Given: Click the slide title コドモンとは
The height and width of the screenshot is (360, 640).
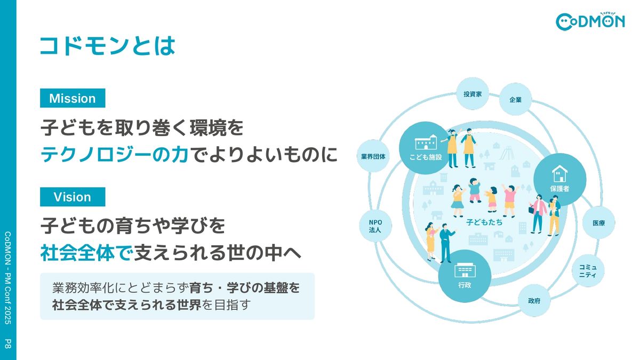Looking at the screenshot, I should [107, 46].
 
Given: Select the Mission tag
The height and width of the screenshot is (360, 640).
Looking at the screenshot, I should [73, 99].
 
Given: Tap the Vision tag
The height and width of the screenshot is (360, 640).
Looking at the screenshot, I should [73, 197].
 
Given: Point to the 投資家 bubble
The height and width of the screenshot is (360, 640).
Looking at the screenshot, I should [473, 94].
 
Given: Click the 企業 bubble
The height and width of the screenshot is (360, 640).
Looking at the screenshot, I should [515, 100].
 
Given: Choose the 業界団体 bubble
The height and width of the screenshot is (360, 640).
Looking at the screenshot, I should [373, 156].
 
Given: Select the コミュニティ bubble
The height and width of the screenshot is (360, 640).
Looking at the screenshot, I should [588, 270].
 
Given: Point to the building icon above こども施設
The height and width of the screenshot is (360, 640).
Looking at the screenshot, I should [426, 143].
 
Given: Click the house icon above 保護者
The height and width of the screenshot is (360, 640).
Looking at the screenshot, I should [559, 173].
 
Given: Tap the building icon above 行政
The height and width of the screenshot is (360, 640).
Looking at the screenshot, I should [464, 270].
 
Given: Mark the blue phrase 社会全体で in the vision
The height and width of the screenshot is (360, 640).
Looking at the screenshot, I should [86, 253].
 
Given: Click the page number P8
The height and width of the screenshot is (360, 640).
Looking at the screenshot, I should [8, 343].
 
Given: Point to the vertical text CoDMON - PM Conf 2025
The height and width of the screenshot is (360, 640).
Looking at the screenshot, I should [8, 277].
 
